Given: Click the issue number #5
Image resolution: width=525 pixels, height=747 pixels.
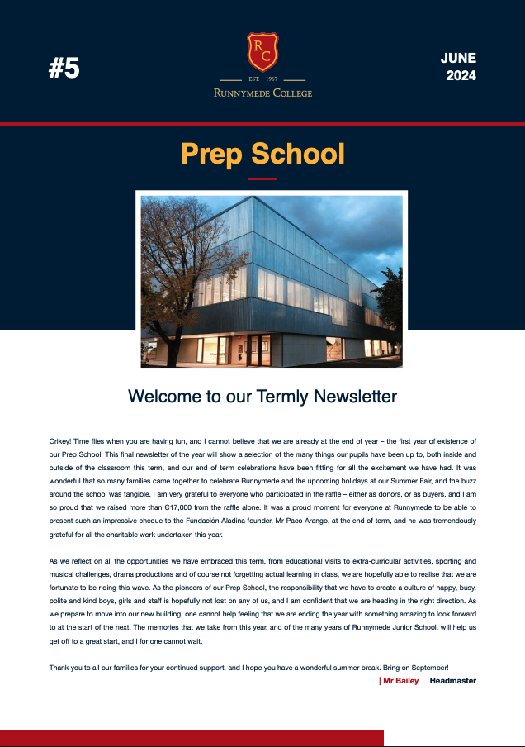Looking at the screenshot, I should coord(64,69).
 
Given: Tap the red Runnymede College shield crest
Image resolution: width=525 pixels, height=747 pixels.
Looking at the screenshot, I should coord(262,51).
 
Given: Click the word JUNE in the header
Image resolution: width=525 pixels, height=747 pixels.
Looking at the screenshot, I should coord(458,58).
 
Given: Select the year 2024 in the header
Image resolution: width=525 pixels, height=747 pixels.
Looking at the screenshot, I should coord(461,76).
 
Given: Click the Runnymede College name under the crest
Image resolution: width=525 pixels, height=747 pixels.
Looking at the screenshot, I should coord(262,93).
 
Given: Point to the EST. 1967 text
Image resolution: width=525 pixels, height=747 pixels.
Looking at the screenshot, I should coord(262,80).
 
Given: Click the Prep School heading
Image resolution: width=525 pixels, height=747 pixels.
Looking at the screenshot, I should coord(262,154).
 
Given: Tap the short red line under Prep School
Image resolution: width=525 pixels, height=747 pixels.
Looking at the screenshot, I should coord(262,178).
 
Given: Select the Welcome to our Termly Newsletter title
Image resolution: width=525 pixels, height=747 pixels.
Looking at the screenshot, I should coord(262,397).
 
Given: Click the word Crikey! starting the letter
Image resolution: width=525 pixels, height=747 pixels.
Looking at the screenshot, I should coord(62,443).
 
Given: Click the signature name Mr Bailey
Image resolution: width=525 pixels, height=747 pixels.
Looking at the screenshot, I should coord(400,681).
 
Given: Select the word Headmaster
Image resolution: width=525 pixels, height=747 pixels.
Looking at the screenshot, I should coord(452,681).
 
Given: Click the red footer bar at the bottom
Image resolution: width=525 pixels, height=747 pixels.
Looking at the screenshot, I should coord(192,738).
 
